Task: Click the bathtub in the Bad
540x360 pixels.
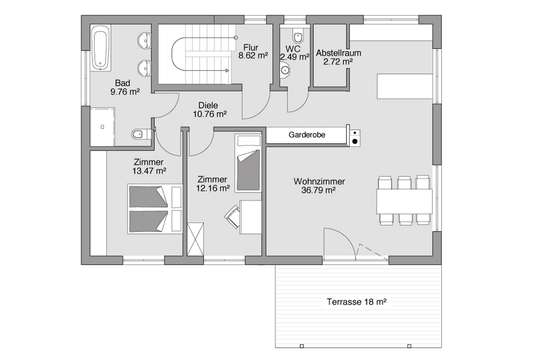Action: coord(101,48)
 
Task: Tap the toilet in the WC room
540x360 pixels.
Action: coord(298,36)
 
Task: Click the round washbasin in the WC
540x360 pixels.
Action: coord(285,70)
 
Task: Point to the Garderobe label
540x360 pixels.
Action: coord(307,135)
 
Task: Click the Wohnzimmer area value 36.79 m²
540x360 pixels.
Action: coord(319,190)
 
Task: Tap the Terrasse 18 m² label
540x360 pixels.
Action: coord(356,302)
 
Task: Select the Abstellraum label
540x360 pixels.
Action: coord(338,53)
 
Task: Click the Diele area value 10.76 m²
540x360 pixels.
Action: coord(210,114)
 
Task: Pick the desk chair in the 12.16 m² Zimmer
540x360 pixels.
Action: coord(233,216)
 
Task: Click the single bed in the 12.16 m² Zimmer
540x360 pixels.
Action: coord(248,163)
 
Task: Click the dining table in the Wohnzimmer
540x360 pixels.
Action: coord(404,202)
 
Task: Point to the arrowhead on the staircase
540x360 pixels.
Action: coord(227,71)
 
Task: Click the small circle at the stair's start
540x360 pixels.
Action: coord(236,37)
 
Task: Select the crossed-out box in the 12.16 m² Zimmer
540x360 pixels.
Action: coord(195,239)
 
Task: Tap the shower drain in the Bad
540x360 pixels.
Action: coord(103,127)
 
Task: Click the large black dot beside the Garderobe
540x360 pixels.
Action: coord(355,141)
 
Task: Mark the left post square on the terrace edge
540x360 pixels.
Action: coord(302,346)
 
